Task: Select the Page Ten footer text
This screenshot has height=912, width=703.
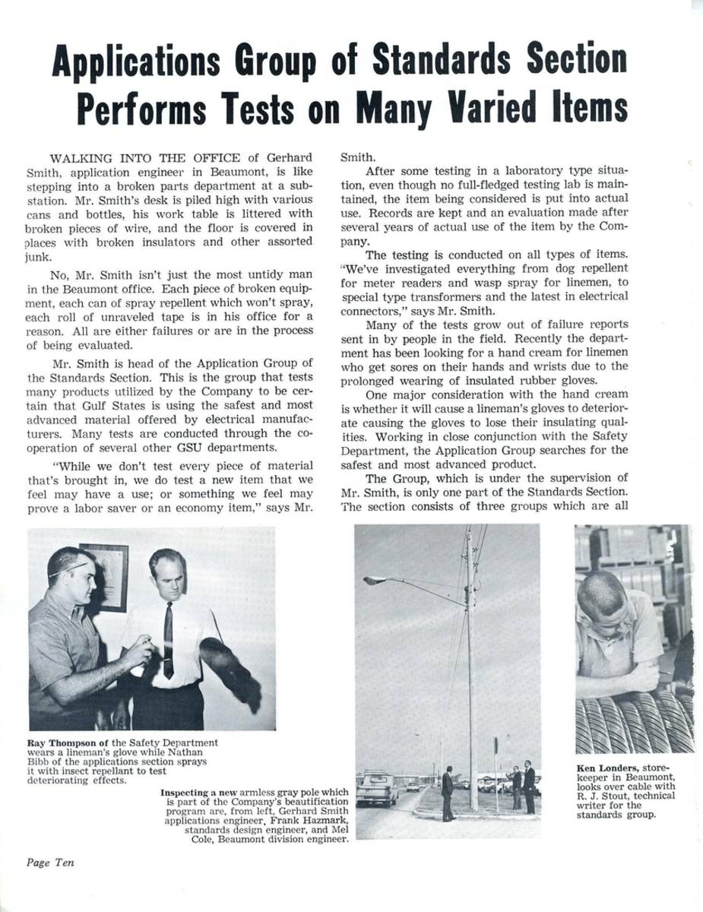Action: point(50,863)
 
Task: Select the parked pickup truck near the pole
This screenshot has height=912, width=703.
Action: point(378,788)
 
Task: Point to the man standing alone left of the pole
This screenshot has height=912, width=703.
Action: point(448,792)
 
